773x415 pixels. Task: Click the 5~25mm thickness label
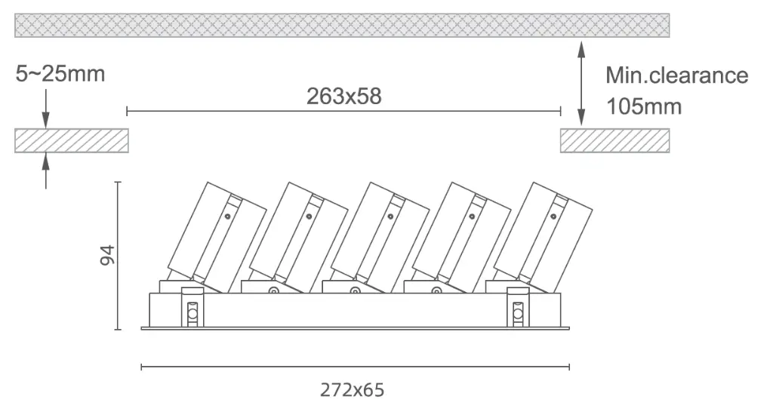60,74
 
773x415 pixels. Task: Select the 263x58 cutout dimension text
343,96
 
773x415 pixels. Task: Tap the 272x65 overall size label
352,390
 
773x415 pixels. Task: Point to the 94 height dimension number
107,255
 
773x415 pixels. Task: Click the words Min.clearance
676,75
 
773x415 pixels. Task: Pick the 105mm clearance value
643,106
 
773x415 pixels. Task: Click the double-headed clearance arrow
581,83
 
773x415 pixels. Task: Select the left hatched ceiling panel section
72,140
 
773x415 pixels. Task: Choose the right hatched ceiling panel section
614,140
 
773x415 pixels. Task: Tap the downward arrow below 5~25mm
46,109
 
